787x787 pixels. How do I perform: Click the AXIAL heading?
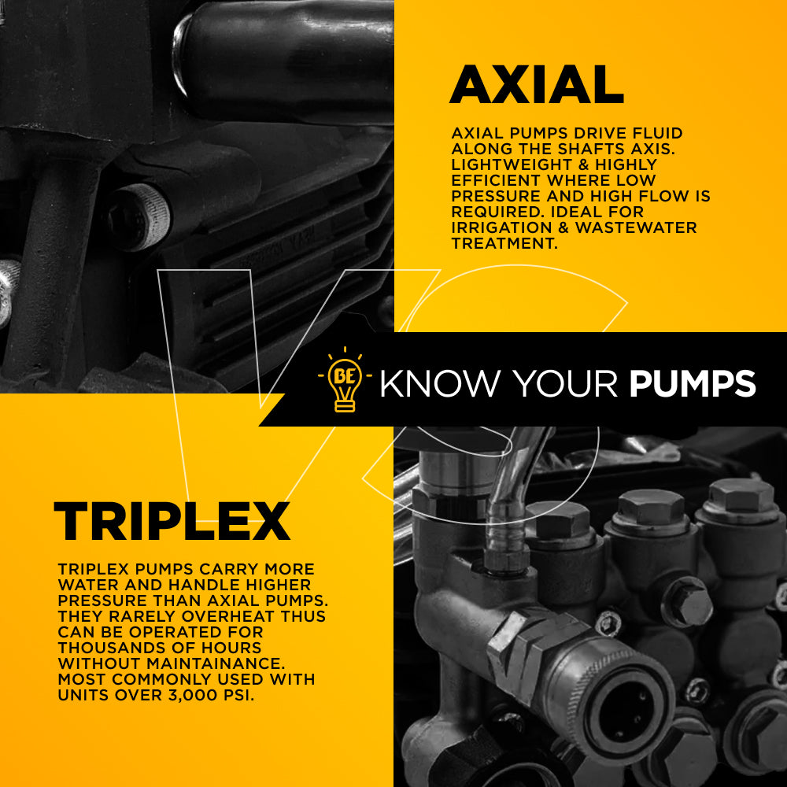click(x=537, y=84)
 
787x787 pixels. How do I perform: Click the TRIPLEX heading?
click(x=172, y=521)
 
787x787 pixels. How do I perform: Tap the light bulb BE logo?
click(x=345, y=380)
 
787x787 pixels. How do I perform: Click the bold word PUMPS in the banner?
click(x=693, y=384)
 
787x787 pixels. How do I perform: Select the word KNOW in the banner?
click(x=440, y=384)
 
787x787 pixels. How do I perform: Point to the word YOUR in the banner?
click(x=565, y=384)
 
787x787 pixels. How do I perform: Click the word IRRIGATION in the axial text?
click(x=501, y=227)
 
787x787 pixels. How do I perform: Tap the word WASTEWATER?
click(x=636, y=227)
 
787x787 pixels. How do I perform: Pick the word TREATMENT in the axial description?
click(x=504, y=243)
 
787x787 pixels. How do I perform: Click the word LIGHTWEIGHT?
click(x=512, y=164)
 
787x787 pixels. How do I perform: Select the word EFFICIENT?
click(x=495, y=180)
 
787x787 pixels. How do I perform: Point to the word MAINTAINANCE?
click(x=216, y=663)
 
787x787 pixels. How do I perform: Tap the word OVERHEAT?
click(x=228, y=616)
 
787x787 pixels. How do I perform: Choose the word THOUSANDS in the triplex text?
click(x=109, y=648)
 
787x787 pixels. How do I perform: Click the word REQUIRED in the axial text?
click(x=497, y=211)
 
